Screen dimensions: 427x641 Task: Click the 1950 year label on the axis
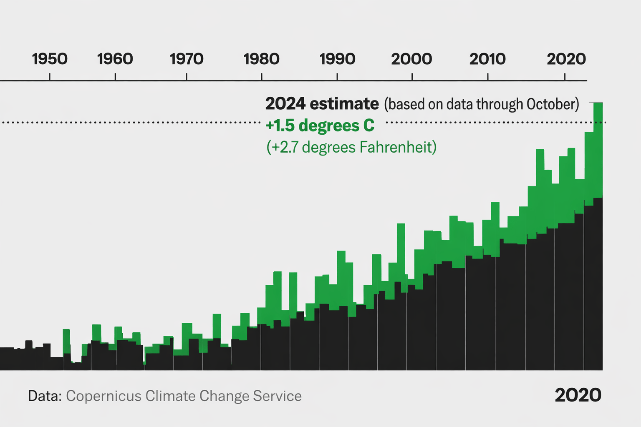pos(50,59)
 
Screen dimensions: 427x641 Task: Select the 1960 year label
pos(115,59)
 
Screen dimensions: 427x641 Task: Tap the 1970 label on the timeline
pos(187,59)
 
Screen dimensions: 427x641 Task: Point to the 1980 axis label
pos(262,59)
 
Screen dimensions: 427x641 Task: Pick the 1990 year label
pos(337,59)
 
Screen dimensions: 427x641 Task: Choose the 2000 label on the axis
pos(411,59)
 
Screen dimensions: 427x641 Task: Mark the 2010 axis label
pos(487,59)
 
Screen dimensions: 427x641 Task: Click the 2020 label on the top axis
pos(566,59)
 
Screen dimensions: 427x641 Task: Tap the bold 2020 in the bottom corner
pos(578,395)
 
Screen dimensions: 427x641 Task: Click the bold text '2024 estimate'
pos(322,103)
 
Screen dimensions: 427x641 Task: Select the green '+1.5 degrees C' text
pos(320,126)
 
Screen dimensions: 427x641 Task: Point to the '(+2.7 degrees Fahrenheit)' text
pos(351,147)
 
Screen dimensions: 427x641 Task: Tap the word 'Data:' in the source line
pos(45,396)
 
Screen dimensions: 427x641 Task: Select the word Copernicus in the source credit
pos(103,396)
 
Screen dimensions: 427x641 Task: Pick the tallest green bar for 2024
pos(598,150)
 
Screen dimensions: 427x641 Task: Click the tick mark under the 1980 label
pos(262,77)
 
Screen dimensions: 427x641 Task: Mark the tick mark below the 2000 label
pos(412,77)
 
